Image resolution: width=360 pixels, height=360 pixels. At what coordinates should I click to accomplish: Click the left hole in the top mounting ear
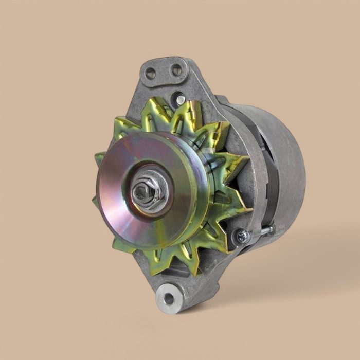pyautogui.click(x=151, y=73)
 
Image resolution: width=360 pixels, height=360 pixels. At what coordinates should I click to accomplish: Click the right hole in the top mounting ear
pyautogui.click(x=176, y=69)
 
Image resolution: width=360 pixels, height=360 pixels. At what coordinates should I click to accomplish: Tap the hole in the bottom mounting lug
pyautogui.click(x=168, y=298)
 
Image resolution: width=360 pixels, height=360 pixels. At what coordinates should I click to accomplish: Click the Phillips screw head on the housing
pyautogui.click(x=242, y=236)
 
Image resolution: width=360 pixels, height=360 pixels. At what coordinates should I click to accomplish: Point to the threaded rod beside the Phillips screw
pyautogui.click(x=265, y=231)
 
